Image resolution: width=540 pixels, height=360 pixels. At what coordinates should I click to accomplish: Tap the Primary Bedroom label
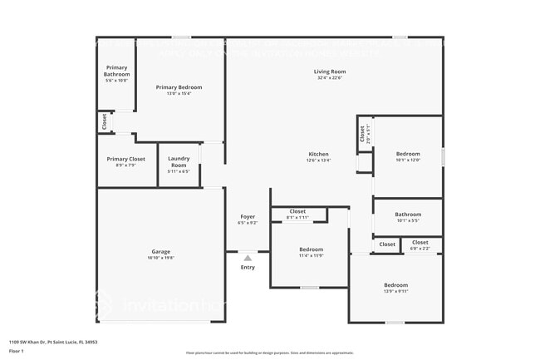tap(179, 87)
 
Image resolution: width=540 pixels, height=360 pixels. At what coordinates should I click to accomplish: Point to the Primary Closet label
tap(125, 159)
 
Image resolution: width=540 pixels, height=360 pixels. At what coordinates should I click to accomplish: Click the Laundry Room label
tap(179, 161)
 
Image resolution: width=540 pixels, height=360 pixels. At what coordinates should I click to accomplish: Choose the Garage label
tap(160, 251)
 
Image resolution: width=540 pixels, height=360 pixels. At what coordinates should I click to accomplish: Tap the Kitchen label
tap(319, 155)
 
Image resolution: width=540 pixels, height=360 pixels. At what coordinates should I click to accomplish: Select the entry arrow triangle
tap(248, 259)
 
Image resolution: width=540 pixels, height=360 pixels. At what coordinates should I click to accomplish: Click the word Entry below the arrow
tap(248, 267)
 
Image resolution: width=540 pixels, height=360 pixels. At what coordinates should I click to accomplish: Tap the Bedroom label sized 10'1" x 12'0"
tap(407, 154)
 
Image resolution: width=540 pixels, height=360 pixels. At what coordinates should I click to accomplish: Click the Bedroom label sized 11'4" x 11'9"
tap(311, 249)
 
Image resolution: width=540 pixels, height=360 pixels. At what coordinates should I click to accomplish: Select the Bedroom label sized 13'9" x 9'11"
tap(395, 285)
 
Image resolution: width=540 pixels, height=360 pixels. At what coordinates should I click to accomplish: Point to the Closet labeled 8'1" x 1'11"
tap(297, 211)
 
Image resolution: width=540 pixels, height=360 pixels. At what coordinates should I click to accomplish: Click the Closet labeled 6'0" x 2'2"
tap(420, 242)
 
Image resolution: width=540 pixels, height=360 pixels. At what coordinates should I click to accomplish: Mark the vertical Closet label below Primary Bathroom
tap(105, 121)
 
